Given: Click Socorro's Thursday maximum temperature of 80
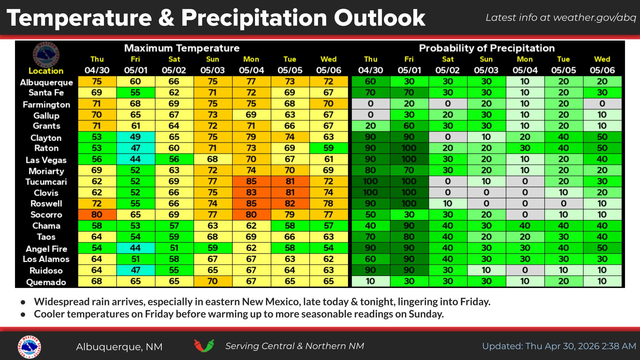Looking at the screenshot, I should tap(97, 215).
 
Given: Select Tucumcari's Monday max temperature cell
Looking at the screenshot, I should tap(251, 181).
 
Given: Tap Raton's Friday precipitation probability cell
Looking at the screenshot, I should tap(409, 148).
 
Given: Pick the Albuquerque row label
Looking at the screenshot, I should tap(46, 82).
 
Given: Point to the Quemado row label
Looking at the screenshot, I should tap(46, 282).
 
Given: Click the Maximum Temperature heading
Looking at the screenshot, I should tap(182, 48).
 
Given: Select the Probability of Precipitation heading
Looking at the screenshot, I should tap(487, 48).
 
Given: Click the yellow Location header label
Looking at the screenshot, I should tap(46, 71).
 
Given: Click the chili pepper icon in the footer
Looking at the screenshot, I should tap(204, 346).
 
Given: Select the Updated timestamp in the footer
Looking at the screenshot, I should tap(559, 346).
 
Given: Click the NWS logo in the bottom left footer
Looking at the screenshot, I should tap(29, 347).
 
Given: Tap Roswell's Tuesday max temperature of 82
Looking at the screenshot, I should tap(290, 204).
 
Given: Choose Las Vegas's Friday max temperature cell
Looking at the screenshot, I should tap(135, 159).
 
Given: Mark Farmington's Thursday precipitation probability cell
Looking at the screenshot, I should tap(370, 104).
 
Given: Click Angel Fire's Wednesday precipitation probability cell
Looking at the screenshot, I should tap(602, 248).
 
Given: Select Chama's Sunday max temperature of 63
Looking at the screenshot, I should tap(213, 226).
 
